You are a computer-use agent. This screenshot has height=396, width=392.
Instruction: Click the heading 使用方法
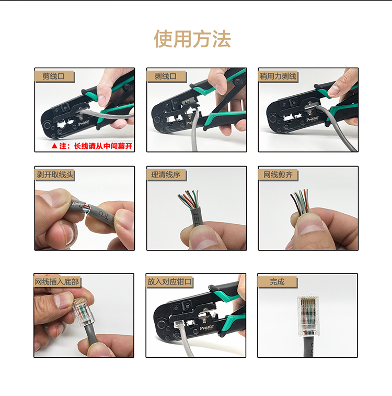192,39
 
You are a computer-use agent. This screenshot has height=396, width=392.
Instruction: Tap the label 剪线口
53,76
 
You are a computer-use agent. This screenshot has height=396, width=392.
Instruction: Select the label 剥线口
166,76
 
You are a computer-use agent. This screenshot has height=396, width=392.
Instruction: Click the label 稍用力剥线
278,76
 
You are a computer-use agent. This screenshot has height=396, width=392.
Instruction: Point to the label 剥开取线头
55,174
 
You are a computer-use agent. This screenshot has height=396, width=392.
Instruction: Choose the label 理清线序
166,174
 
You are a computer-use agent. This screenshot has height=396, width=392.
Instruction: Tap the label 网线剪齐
278,174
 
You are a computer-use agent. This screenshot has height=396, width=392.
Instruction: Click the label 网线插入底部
57,282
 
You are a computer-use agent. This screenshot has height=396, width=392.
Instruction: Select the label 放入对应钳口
169,282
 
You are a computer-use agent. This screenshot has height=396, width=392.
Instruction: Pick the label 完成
277,282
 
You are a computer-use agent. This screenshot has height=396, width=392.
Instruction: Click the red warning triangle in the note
54,146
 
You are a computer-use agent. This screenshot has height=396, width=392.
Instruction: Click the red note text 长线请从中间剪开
103,146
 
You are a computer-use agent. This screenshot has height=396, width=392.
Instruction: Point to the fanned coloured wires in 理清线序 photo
188,199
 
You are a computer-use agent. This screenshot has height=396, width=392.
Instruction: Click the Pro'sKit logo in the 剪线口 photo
84,124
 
